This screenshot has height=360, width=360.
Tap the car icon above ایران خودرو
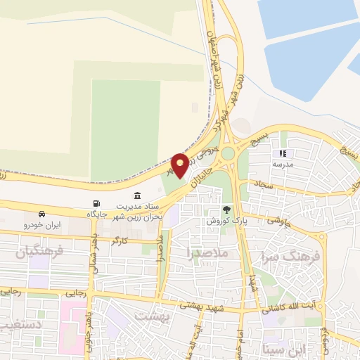[x=43, y=213]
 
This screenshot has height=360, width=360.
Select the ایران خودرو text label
[x=43, y=225]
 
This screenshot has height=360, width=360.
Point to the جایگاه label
[x=96, y=213]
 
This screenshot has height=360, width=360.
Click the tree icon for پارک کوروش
[x=226, y=209]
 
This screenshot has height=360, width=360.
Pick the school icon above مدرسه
[x=283, y=153]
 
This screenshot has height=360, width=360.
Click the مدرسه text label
[x=283, y=164]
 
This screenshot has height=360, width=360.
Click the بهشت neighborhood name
[x=155, y=316]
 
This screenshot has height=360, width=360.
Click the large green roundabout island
[x=229, y=153]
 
